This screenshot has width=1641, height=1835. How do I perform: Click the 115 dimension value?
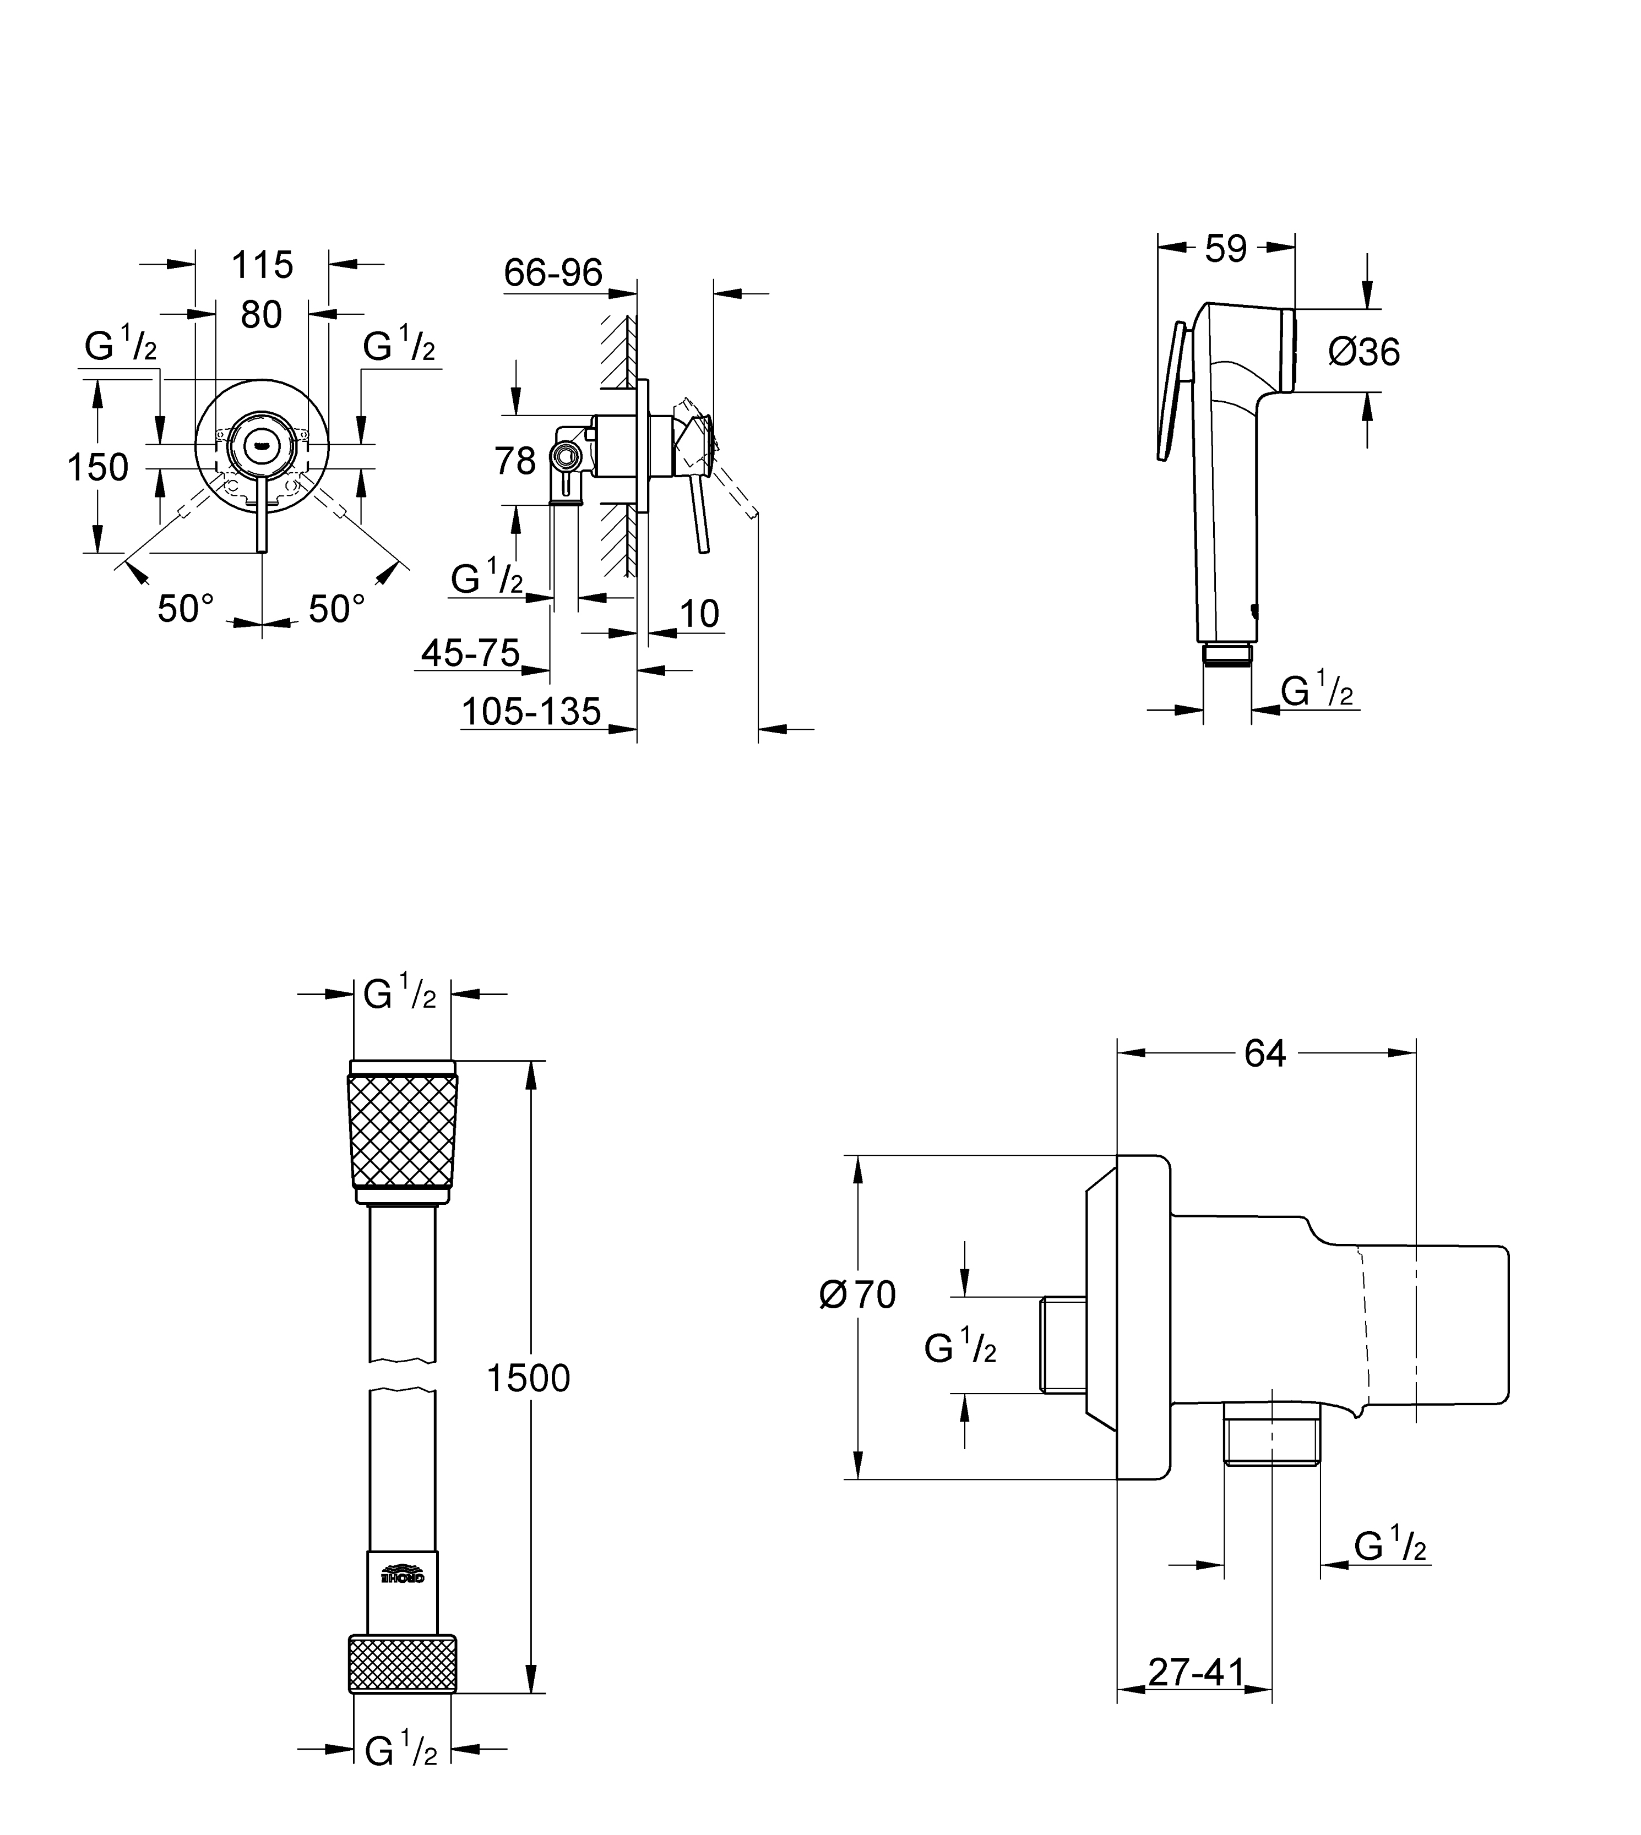coord(262,265)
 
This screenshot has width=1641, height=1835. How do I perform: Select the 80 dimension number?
coord(262,314)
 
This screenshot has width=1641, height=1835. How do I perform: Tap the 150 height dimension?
coord(98,467)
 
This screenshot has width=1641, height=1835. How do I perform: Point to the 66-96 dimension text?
coord(553,272)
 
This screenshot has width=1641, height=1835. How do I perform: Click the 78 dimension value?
coord(515,461)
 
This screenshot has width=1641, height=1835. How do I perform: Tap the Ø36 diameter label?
coord(1364,352)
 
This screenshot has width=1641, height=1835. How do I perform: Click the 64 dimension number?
coord(1265,1053)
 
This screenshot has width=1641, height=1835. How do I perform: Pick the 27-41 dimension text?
coord(1197,1673)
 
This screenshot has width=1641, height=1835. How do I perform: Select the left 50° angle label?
coord(186,609)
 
